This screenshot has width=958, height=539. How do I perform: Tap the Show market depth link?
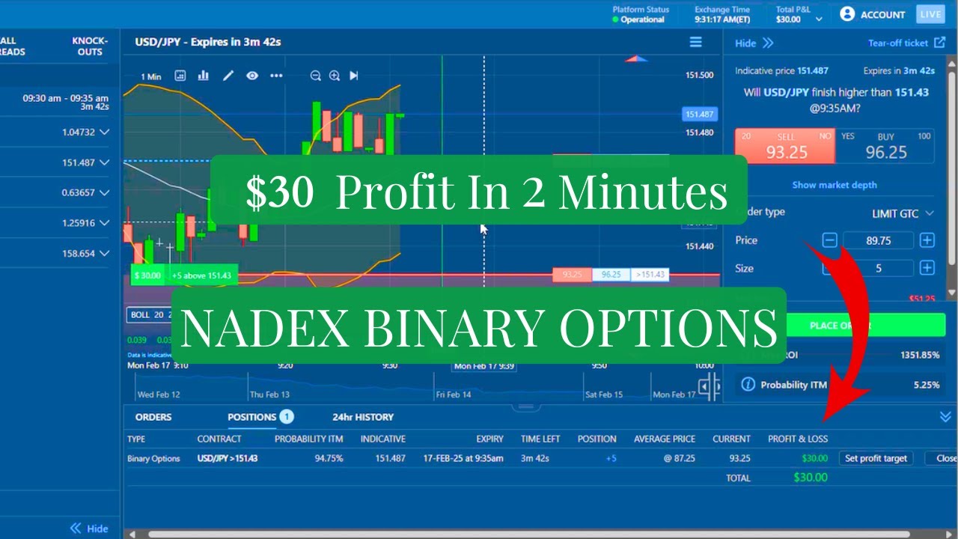[834, 185]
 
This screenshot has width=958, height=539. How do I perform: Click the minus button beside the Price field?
[829, 240]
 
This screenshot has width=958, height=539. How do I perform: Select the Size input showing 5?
[878, 268]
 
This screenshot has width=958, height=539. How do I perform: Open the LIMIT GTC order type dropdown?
[903, 213]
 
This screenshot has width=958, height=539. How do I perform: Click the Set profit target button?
[875, 458]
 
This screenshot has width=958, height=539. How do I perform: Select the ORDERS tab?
[153, 417]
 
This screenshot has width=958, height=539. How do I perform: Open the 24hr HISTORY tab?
[363, 417]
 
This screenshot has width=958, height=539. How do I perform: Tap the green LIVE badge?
[931, 14]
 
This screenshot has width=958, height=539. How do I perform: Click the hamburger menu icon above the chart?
[695, 42]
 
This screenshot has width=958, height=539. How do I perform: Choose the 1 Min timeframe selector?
[150, 76]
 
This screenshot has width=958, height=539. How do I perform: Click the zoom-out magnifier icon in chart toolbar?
[315, 76]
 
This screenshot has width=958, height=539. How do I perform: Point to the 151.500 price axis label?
[699, 75]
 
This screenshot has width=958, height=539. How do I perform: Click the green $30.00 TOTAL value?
[810, 478]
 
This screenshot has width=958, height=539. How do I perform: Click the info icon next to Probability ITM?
[747, 385]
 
